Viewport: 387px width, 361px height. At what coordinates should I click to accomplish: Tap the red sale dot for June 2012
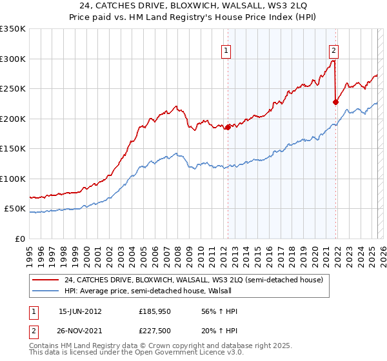(228, 127)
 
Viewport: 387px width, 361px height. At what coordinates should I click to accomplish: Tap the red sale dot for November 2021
(335, 102)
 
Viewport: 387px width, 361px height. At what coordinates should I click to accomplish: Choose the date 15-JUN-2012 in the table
(80, 311)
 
